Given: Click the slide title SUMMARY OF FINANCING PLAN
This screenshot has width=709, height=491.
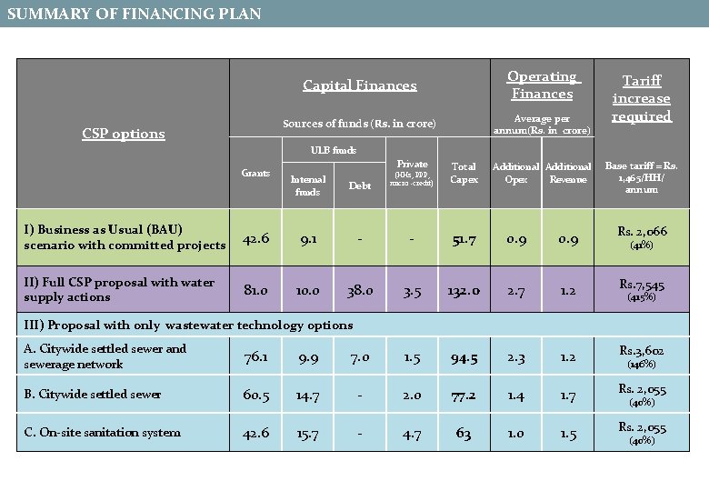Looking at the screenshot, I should click(135, 14).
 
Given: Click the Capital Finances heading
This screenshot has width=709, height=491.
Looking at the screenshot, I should click(359, 85).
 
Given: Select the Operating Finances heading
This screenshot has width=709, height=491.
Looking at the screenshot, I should click(542, 85).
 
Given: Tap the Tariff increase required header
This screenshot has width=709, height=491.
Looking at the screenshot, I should click(641, 98).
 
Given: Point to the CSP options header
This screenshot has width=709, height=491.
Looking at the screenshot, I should click(124, 134).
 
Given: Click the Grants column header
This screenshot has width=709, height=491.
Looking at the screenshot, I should click(255, 173).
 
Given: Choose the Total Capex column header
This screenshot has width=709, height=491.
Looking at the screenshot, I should click(464, 173).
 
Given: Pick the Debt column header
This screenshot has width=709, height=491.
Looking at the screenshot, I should click(360, 185).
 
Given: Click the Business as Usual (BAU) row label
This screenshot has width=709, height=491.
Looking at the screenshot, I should click(125, 237).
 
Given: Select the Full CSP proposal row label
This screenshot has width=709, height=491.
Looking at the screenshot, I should click(119, 289).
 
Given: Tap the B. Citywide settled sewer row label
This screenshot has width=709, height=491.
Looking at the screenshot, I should click(93, 394).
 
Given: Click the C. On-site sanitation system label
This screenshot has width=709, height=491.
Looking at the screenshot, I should click(103, 433).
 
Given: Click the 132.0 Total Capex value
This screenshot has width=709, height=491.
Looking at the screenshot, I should click(464, 290).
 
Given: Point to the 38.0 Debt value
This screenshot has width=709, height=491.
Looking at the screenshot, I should click(360, 290).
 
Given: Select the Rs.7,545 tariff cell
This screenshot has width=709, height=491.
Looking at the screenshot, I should click(642, 289).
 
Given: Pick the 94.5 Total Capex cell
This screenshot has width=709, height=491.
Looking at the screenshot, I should click(464, 356).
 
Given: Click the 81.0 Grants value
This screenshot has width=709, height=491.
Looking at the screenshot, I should click(255, 290).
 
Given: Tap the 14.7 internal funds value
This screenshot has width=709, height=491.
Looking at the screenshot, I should click(308, 395).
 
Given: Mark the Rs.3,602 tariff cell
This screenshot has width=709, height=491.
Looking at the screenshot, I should click(642, 356).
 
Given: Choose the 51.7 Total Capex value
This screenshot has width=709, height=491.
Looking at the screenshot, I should click(464, 238).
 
